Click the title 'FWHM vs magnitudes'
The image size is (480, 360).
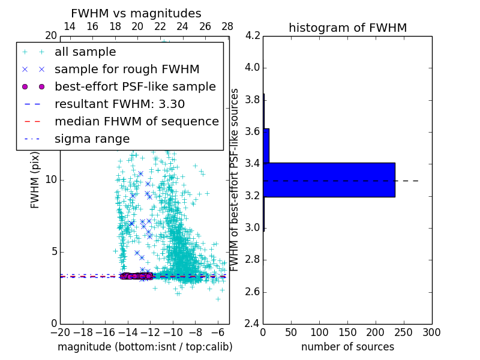[x=136, y=14]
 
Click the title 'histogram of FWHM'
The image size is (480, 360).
[x=347, y=28]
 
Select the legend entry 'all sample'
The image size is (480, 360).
[x=85, y=52]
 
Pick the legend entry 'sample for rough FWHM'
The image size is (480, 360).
[x=127, y=69]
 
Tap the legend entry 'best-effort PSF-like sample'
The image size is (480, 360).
[x=135, y=86]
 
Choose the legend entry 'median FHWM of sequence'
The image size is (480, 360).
[x=136, y=121]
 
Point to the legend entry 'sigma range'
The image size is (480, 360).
[x=92, y=139]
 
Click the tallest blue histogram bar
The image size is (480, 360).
[x=329, y=179]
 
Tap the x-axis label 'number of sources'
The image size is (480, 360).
[x=347, y=347]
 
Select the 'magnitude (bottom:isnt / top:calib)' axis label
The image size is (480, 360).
[x=145, y=347]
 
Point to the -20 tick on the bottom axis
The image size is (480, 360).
[x=60, y=332]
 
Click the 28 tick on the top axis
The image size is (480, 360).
[x=227, y=27]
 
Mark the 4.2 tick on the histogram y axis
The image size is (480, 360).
[x=252, y=35]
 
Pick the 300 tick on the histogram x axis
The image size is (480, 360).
[x=431, y=332]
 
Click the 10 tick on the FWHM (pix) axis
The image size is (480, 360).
[x=51, y=179]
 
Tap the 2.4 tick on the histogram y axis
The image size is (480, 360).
[x=252, y=323]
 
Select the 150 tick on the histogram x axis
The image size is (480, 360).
[x=347, y=332]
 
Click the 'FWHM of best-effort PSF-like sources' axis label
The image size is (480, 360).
[x=235, y=179]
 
